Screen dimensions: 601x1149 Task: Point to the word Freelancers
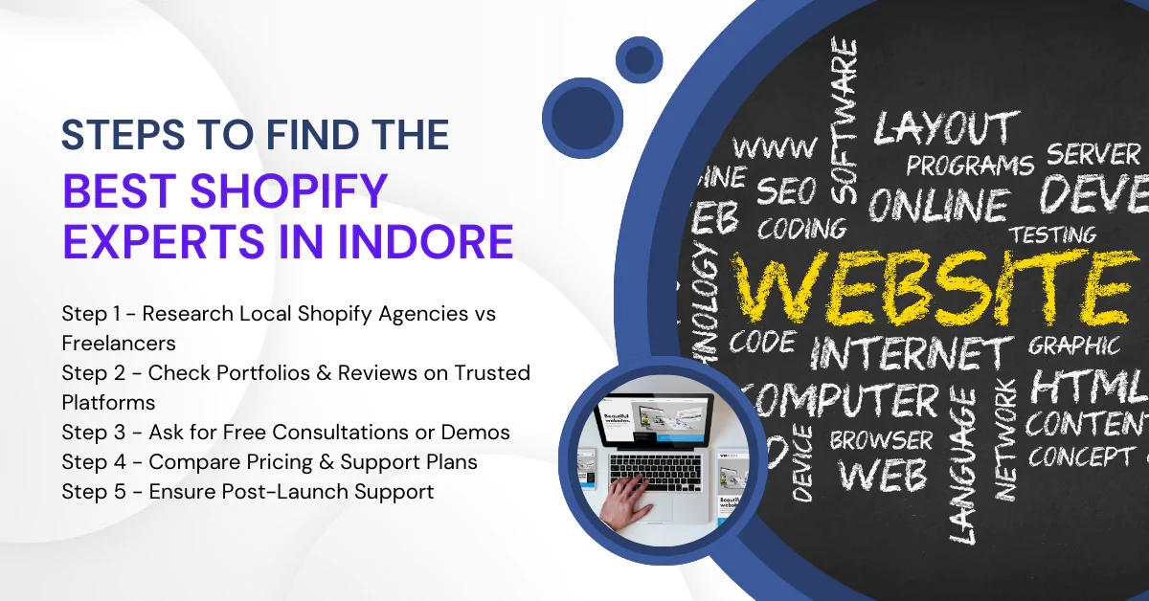119,342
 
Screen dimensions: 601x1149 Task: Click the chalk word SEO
786,191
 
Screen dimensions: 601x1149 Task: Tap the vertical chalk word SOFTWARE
844,120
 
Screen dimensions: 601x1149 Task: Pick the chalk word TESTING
1053,234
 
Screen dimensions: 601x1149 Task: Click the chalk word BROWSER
881,440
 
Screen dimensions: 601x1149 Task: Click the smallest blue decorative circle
640,60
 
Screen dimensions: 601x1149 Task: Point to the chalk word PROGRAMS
970,166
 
